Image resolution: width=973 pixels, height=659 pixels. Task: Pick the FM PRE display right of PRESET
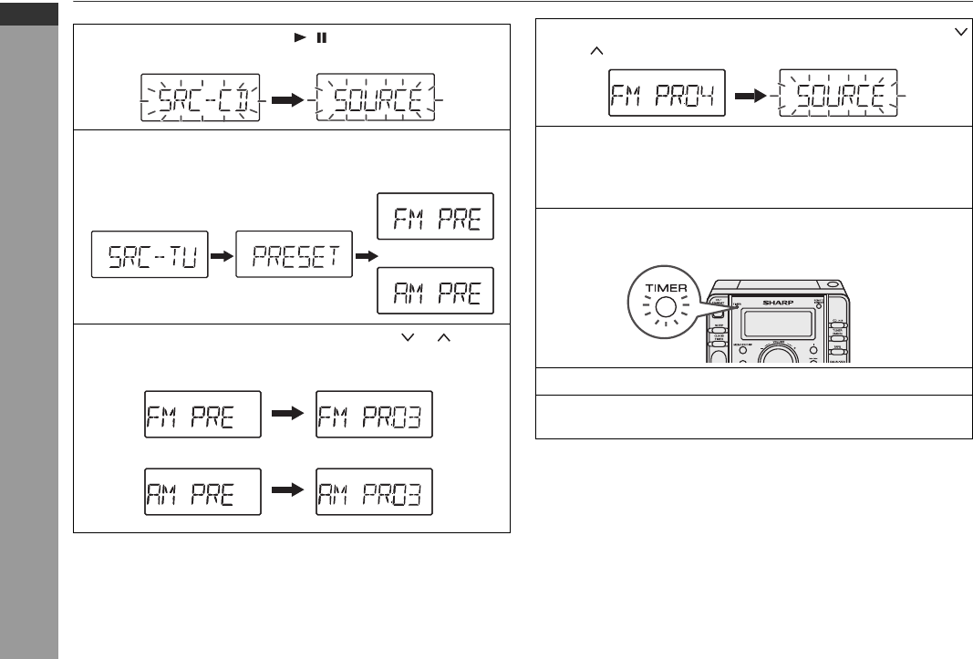[x=435, y=216]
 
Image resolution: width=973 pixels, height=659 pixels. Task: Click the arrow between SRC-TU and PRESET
[x=221, y=257]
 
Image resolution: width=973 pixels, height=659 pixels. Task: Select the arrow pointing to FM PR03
[x=288, y=415]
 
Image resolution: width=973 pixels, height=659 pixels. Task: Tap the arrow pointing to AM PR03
[x=288, y=491]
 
